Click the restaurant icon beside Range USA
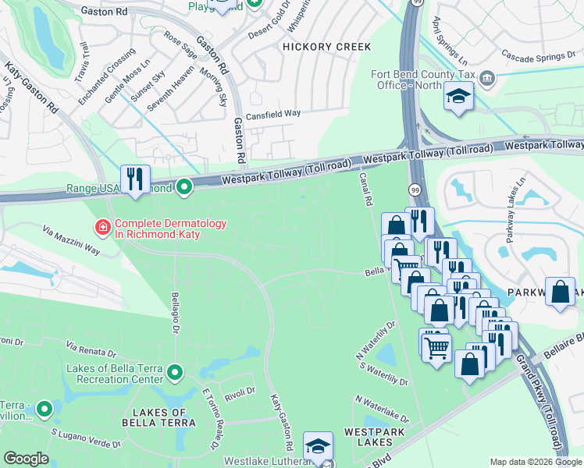point(135,180)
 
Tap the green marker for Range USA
point(184,187)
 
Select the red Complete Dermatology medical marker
point(101,228)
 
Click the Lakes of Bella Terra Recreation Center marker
point(174,374)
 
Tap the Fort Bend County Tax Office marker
point(487,78)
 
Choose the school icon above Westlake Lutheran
point(318,447)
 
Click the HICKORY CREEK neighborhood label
point(326,48)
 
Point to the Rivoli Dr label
point(240,391)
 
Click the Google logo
point(26,459)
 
